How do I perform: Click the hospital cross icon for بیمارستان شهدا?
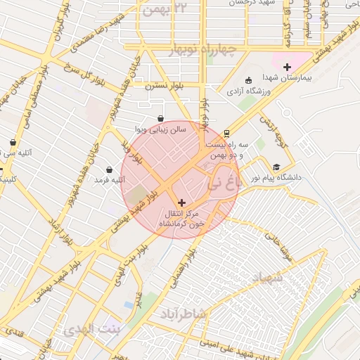(x=287, y=67)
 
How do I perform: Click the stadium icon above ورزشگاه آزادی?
(x=246, y=79)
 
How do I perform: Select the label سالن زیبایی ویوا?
(x=160, y=130)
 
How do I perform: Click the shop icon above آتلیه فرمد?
(x=110, y=169)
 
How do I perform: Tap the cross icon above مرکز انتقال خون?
(x=182, y=202)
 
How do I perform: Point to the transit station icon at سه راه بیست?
(x=226, y=133)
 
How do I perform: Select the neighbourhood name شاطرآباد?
(x=181, y=312)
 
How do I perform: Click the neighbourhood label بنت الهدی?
(x=92, y=329)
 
